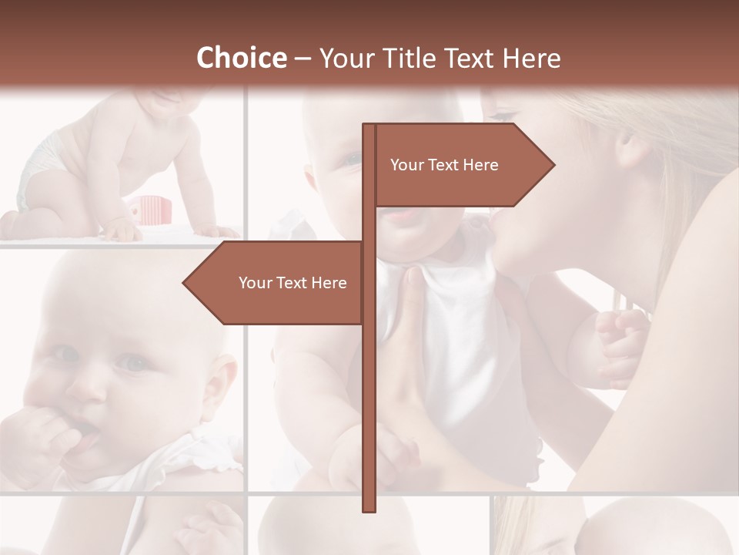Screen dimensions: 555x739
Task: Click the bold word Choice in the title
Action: pos(241,58)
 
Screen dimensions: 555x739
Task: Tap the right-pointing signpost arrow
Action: pos(462,165)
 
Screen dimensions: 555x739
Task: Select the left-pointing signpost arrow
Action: pos(277,283)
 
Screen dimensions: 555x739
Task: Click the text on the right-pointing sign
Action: pos(444,165)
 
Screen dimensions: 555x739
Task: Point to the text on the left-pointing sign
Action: pos(293,283)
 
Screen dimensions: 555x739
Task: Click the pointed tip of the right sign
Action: pos(553,165)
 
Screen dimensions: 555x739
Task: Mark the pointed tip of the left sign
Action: pos(185,283)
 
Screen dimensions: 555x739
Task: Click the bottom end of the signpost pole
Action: pos(369,509)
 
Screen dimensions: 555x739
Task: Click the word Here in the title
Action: pos(531,58)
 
